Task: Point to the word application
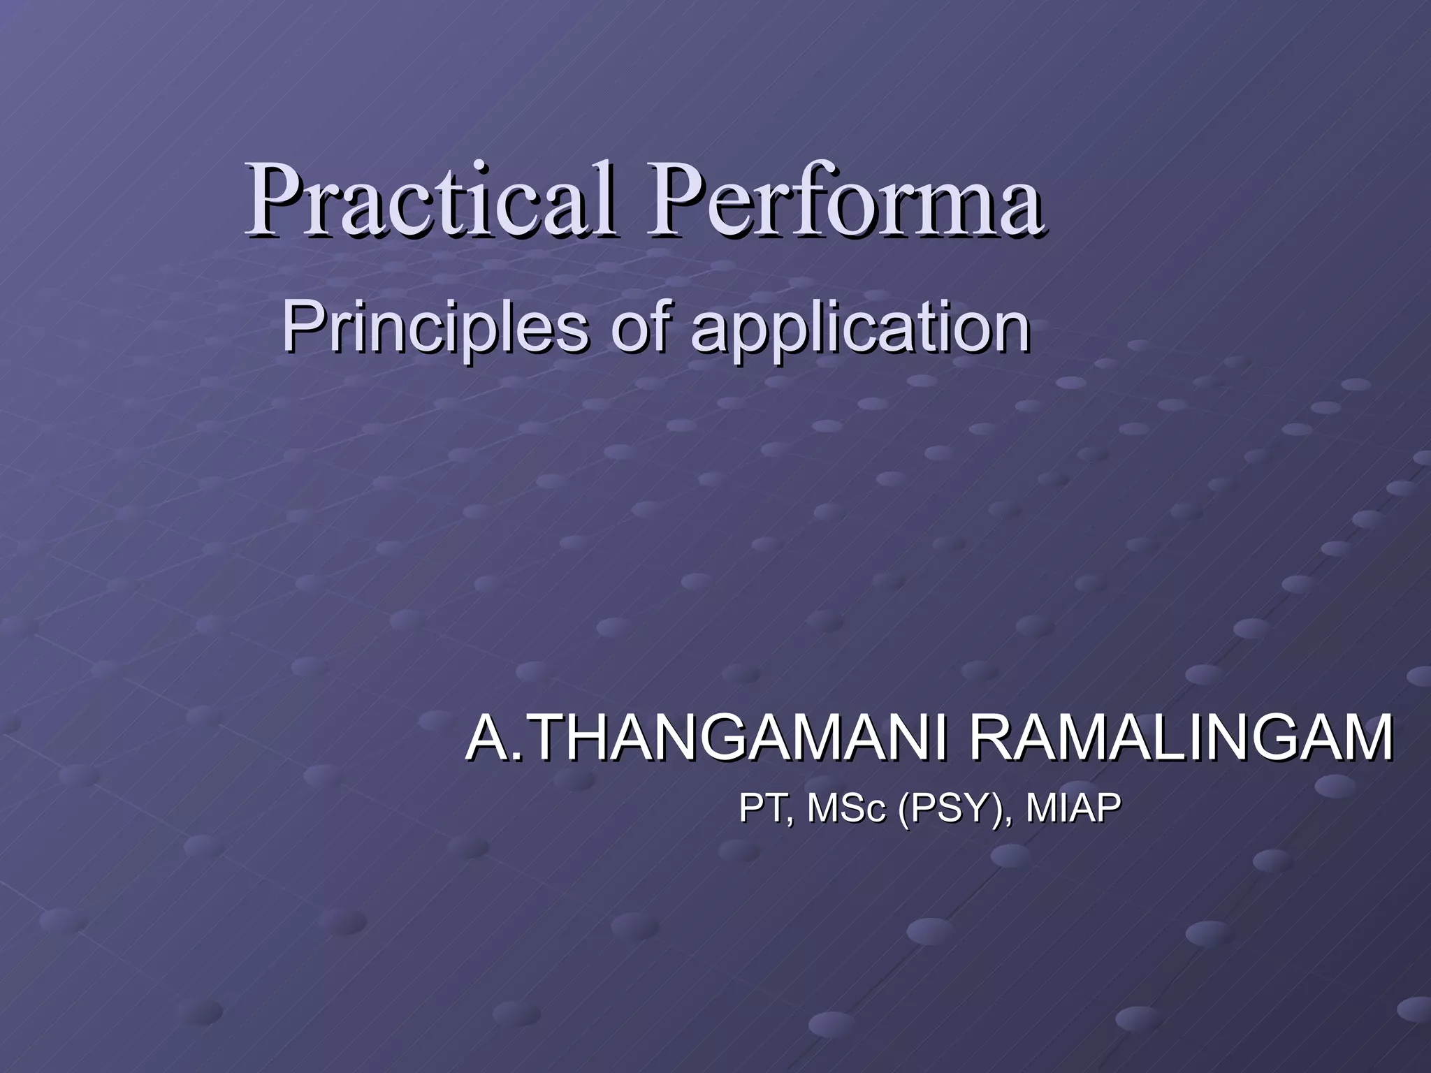coord(860,330)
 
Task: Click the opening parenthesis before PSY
coord(905,810)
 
